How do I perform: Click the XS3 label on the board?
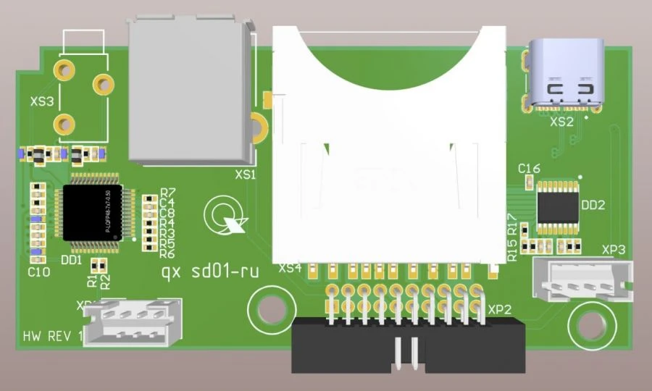[42, 102]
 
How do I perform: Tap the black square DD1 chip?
[92, 213]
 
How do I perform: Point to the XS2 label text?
[561, 122]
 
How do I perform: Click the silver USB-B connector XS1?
[190, 91]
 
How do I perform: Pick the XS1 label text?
[246, 175]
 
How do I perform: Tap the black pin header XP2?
[408, 346]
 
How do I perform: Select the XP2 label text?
[500, 309]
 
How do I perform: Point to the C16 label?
[530, 169]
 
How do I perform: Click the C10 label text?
[38, 272]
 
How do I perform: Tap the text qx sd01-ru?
[210, 273]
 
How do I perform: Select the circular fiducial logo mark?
[220, 215]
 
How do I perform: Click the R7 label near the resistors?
[167, 193]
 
